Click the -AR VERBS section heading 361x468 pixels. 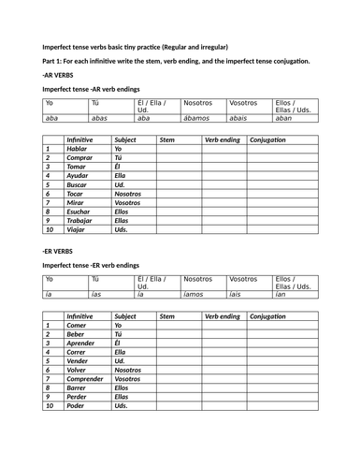tap(59, 72)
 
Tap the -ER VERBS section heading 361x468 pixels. tap(58, 251)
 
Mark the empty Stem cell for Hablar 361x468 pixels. tap(179, 149)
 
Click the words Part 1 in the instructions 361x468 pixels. tap(53, 59)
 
